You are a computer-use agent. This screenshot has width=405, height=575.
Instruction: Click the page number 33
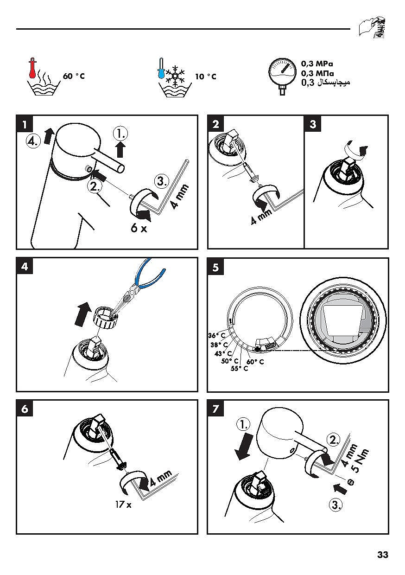(382, 555)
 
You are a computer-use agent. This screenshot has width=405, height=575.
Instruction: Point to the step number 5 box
(216, 267)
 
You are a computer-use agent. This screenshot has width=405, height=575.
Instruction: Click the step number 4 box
(25, 267)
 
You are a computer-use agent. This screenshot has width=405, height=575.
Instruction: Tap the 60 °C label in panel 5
(255, 362)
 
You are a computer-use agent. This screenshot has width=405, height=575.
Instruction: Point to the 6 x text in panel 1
(138, 228)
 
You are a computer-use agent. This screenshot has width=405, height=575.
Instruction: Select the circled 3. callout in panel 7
(335, 505)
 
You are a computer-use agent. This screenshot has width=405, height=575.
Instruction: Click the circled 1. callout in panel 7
(243, 423)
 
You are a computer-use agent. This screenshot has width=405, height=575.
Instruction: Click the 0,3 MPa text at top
(317, 64)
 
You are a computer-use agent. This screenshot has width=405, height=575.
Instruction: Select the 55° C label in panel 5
(239, 369)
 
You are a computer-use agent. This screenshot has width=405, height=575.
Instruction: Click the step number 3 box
(313, 124)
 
